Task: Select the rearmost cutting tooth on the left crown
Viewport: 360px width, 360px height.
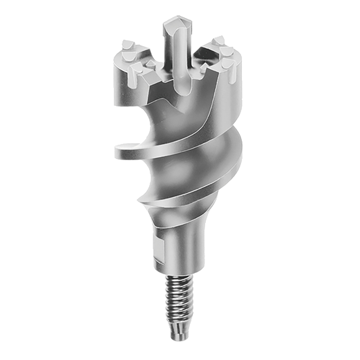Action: point(127,45)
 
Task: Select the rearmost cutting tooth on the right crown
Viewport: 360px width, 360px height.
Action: point(219,40)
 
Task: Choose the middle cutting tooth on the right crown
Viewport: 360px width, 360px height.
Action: point(226,51)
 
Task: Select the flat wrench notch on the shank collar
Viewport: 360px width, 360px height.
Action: point(158,248)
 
